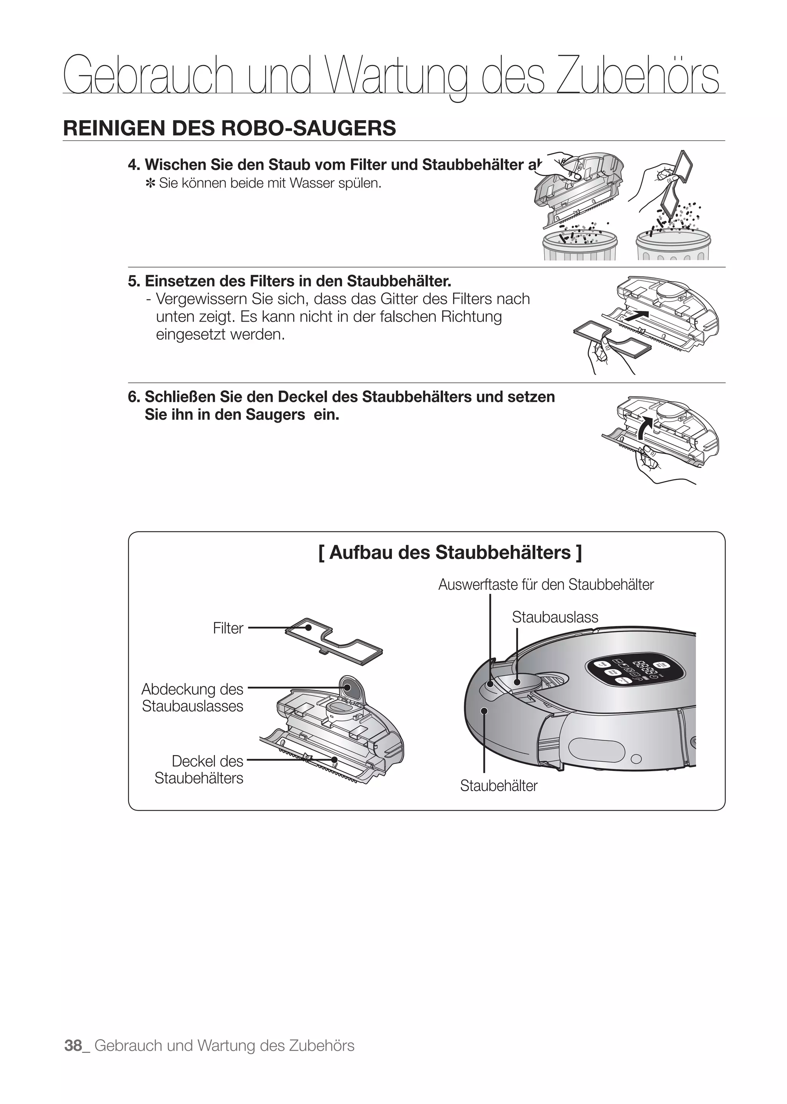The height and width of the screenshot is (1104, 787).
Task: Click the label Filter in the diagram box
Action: (228, 628)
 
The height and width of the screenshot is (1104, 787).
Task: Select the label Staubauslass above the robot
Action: (555, 617)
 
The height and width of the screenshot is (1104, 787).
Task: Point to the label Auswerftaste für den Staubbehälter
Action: (546, 584)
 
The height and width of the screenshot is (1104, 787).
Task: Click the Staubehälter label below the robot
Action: (499, 785)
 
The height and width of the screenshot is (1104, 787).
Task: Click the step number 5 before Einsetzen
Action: (132, 281)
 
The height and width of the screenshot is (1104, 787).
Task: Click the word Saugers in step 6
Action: (275, 415)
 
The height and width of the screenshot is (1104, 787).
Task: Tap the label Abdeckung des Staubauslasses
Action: (193, 697)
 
